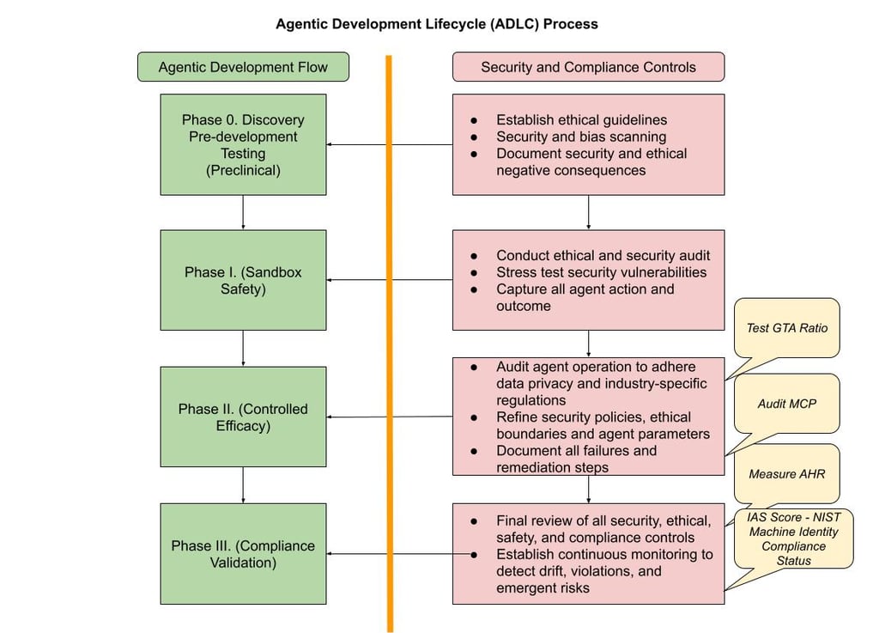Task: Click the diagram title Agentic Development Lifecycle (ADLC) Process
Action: tap(436, 24)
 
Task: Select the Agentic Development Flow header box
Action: tap(243, 67)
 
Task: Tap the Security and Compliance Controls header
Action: tap(588, 67)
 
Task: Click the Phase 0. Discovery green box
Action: tap(243, 144)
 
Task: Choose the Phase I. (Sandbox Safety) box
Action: tap(243, 280)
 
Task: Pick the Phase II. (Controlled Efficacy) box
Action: tap(243, 417)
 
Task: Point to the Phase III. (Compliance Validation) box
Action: tap(243, 553)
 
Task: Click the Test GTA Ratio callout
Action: tap(787, 327)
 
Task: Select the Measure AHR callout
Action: tap(786, 473)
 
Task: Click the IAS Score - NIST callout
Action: tap(794, 539)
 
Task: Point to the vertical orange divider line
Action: tap(389, 344)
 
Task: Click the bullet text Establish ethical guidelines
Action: tap(581, 120)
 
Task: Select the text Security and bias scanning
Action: tap(581, 137)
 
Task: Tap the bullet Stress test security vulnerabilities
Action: tap(601, 272)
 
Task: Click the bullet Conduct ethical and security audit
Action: tap(603, 255)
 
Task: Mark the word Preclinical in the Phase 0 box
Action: tap(243, 170)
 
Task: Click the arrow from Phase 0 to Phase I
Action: tap(243, 212)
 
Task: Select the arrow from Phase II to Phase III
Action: tap(243, 484)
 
